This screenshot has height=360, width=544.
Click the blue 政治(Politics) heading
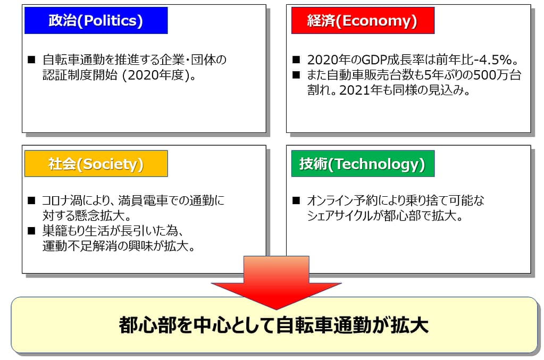coord(96,20)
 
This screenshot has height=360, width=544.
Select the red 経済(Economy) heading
coord(363,20)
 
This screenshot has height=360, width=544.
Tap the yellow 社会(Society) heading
coord(96,164)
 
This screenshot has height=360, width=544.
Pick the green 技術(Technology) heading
coord(363,164)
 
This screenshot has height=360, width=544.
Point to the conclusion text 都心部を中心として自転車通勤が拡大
coord(274,325)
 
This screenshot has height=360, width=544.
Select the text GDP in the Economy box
coord(374,60)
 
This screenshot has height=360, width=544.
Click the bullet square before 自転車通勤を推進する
coord(31,60)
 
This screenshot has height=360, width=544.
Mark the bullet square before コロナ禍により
coord(31,200)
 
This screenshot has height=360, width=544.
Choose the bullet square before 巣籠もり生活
coord(31,231)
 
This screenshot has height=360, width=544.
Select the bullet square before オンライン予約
coord(296,200)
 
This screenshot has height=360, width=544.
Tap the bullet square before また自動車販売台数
coord(296,75)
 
